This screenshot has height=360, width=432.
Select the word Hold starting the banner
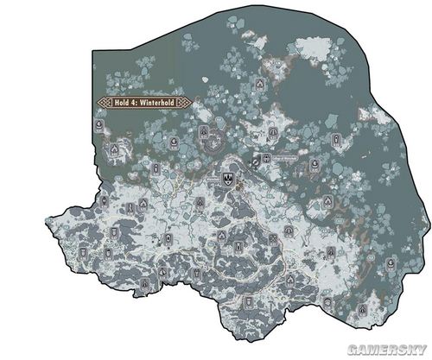(x=123, y=102)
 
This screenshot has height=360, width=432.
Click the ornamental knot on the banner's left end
(x=104, y=102)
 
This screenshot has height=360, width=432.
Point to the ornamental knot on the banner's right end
(x=185, y=102)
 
